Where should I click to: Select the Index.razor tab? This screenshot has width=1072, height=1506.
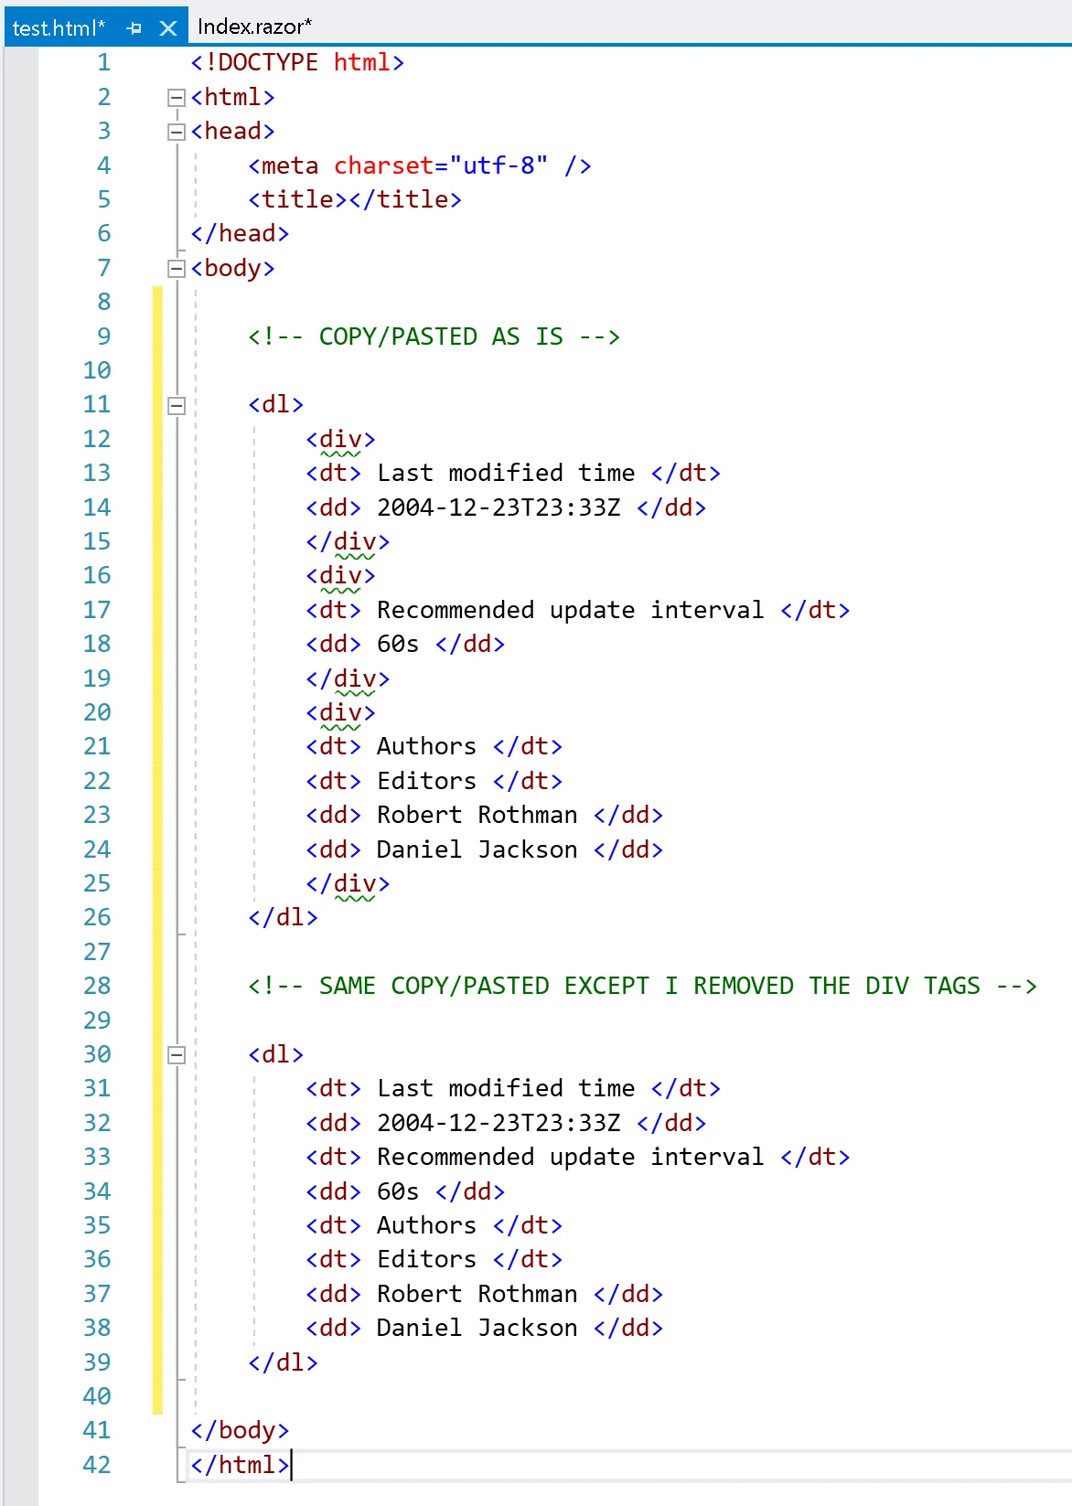point(254,27)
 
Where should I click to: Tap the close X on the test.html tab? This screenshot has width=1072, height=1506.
point(168,28)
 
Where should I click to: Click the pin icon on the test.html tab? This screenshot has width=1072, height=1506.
point(134,28)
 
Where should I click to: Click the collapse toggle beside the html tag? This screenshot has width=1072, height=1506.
point(177,98)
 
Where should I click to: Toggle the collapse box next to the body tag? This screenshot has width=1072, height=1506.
point(177,269)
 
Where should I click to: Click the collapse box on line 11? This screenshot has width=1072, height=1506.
point(177,405)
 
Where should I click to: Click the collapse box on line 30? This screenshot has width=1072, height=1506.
point(177,1055)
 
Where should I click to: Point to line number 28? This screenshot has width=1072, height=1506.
point(97,986)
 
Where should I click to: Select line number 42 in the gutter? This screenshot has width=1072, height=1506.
point(97,1465)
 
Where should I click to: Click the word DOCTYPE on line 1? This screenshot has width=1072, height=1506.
point(268,62)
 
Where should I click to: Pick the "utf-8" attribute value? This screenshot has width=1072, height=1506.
point(498,166)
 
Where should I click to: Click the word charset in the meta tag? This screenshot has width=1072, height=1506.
point(383,166)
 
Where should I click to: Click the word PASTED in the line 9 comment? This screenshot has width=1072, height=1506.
point(434,336)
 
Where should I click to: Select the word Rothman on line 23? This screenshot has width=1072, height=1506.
point(527,815)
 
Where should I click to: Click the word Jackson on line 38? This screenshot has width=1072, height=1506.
point(527,1328)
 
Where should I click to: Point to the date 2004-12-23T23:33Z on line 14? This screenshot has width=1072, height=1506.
point(498,507)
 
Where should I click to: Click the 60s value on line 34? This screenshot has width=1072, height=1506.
point(398,1191)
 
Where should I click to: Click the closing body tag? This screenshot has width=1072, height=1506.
point(240,1430)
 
